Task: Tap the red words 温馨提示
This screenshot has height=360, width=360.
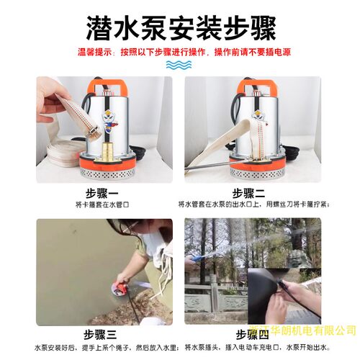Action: [x=96, y=53]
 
